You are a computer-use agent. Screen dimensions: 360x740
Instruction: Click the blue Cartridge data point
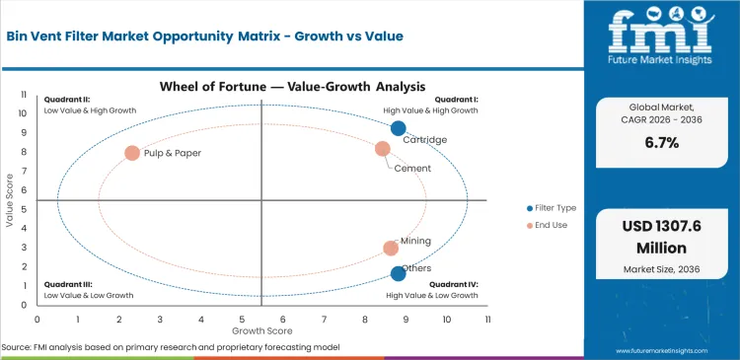pyautogui.click(x=398, y=128)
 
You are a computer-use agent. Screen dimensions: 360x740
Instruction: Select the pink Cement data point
pyautogui.click(x=383, y=149)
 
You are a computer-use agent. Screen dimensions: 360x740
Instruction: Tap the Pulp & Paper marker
pyautogui.click(x=132, y=153)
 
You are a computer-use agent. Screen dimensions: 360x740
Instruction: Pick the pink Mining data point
pyautogui.click(x=391, y=249)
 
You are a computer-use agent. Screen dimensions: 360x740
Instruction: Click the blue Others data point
pyautogui.click(x=398, y=274)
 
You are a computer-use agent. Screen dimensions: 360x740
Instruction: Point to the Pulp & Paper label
pyautogui.click(x=173, y=154)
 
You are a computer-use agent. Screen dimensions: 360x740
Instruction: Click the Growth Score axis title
pyautogui.click(x=260, y=330)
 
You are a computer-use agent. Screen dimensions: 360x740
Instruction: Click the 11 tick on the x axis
pyautogui.click(x=487, y=320)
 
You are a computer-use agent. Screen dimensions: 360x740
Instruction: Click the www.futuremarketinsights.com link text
pyautogui.click(x=671, y=350)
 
